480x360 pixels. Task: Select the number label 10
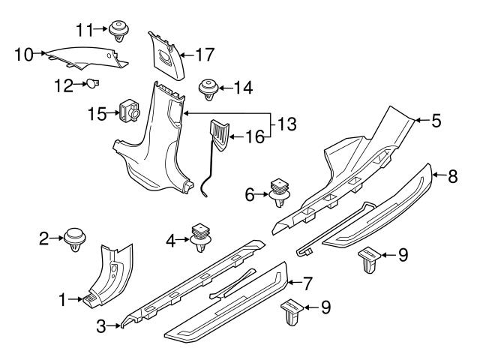pyautogui.click(x=24, y=53)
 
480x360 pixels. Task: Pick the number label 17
pyautogui.click(x=205, y=54)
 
